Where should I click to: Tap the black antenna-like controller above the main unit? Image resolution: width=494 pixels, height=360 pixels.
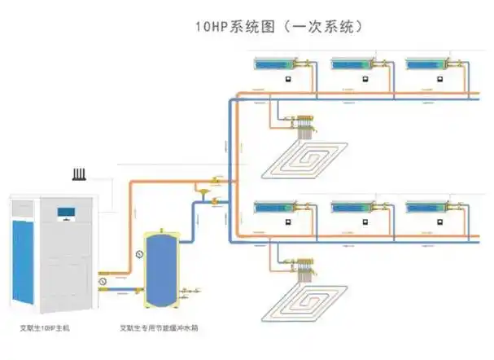[79, 175]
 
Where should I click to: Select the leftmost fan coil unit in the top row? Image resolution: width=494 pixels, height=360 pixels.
[278, 63]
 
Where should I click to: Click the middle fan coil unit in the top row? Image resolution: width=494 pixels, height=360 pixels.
[352, 63]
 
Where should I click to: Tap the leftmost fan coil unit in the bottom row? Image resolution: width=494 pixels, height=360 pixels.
[278, 207]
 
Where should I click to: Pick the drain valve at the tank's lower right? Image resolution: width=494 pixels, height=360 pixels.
[193, 289]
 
